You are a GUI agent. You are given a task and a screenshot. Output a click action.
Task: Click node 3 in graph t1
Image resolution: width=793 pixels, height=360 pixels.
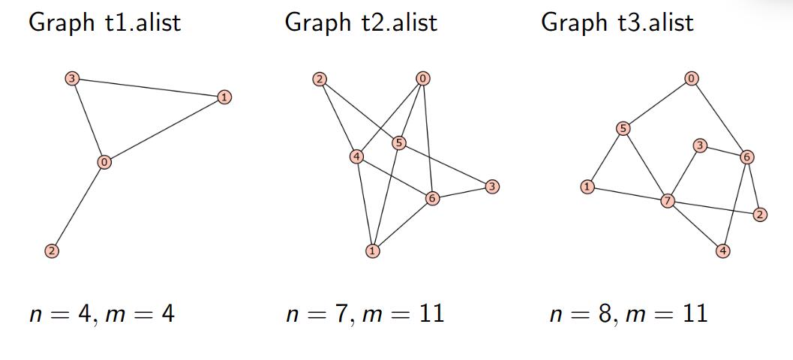click(x=72, y=78)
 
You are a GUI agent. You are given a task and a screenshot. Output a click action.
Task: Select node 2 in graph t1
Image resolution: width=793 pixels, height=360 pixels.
click(x=51, y=250)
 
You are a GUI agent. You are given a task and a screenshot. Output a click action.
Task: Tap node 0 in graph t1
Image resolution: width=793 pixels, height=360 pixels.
click(x=104, y=161)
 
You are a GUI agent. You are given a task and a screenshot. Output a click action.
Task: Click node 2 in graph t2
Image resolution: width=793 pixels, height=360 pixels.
click(x=320, y=79)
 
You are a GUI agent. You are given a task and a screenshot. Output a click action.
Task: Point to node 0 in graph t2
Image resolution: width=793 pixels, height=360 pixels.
click(x=423, y=79)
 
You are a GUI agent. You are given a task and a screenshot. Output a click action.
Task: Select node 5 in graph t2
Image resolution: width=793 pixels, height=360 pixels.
click(x=399, y=142)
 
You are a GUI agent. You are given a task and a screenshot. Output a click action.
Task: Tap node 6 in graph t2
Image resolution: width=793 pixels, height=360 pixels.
click(x=431, y=198)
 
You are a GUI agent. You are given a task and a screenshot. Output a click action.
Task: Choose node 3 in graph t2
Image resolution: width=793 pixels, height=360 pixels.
click(x=491, y=186)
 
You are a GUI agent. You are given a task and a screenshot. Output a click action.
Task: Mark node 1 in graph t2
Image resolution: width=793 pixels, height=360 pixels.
click(x=372, y=250)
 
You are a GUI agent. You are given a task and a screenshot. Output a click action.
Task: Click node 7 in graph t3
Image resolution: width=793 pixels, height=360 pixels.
click(x=667, y=200)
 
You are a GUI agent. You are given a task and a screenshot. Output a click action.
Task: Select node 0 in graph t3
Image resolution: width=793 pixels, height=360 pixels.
click(x=691, y=78)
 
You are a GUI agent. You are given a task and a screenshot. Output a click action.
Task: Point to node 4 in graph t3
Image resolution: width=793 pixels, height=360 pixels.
click(x=722, y=250)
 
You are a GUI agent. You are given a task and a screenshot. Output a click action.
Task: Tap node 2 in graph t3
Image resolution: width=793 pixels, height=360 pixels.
click(x=760, y=215)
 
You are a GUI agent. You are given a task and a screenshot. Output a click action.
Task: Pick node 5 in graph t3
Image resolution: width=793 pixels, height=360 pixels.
click(x=623, y=128)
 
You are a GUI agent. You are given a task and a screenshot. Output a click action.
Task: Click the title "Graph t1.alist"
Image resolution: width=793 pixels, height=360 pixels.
click(x=104, y=22)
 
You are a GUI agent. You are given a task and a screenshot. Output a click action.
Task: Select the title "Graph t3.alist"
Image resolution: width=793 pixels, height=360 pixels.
click(x=617, y=22)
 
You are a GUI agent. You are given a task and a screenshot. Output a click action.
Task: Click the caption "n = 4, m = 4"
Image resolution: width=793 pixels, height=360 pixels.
click(x=101, y=313)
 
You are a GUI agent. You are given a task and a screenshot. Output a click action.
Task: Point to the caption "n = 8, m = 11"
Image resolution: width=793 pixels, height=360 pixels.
click(x=628, y=313)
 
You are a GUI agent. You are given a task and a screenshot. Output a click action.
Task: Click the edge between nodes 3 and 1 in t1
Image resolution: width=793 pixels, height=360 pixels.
click(x=147, y=87)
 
